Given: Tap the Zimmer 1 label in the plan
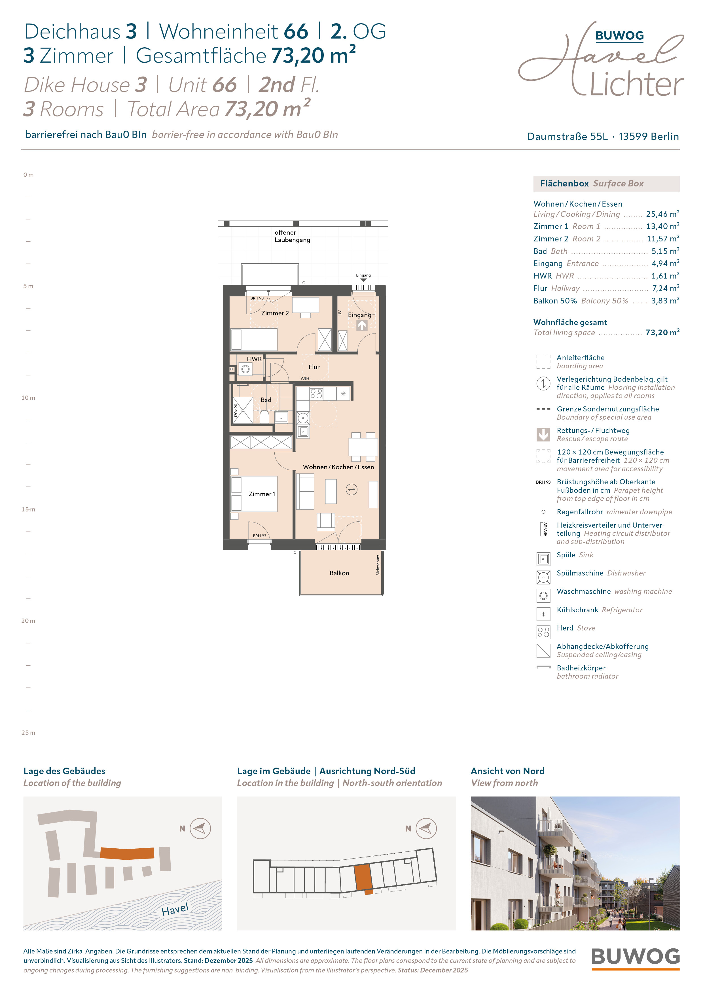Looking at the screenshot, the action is [262, 494].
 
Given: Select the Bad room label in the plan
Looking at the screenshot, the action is [266, 400].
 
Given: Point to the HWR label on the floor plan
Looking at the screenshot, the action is [254, 359].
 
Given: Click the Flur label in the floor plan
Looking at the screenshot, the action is [314, 367].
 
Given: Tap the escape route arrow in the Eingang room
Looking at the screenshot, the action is [362, 325].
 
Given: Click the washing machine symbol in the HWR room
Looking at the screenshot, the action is [245, 369].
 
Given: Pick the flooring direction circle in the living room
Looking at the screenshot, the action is [351, 490].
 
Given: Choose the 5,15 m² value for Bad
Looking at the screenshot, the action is [665, 251].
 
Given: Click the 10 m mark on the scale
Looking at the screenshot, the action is [28, 398].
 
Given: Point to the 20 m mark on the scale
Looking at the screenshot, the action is [28, 621].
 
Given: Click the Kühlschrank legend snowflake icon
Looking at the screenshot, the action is [543, 614].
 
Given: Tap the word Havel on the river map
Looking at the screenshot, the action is [175, 910].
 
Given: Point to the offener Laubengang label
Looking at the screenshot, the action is [292, 236].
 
